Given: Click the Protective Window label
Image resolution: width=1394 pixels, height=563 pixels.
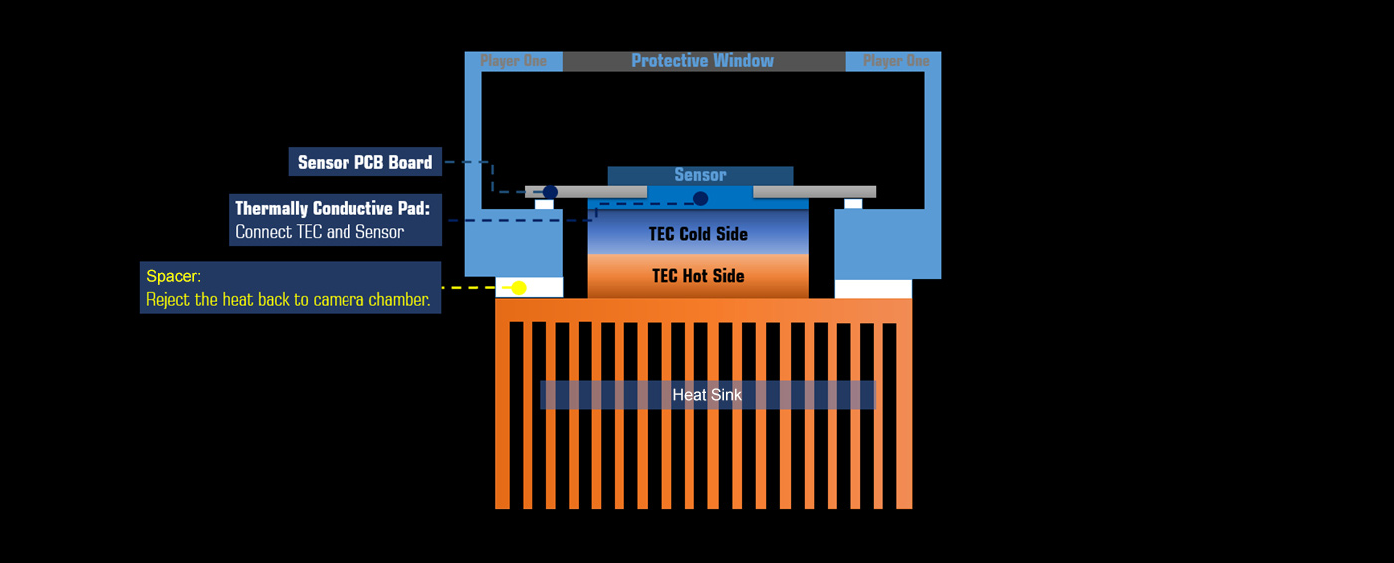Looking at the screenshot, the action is (x=703, y=61).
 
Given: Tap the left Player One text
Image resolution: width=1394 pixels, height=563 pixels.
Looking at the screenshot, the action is (x=514, y=61).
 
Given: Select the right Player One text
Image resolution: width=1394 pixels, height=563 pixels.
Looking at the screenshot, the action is (x=896, y=61).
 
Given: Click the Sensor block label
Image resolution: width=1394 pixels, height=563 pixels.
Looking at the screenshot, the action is (x=700, y=175).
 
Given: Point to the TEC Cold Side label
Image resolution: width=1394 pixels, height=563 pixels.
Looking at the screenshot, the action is (x=698, y=234).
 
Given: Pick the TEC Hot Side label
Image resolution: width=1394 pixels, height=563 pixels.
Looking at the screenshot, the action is (x=698, y=276).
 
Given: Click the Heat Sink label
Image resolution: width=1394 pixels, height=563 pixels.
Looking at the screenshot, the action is (x=707, y=395).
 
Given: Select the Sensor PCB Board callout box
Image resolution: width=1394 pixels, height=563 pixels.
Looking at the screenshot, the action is (x=365, y=161).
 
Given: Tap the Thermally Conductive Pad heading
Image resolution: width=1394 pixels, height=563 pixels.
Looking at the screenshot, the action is (x=333, y=208).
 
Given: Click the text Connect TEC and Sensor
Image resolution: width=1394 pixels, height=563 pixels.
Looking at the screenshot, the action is (x=320, y=231).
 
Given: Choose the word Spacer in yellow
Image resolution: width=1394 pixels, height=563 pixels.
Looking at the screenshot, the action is (x=173, y=276).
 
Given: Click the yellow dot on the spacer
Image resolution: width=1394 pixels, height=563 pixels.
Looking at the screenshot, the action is (x=519, y=287).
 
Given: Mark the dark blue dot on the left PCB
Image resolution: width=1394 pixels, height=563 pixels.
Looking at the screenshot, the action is (x=550, y=191).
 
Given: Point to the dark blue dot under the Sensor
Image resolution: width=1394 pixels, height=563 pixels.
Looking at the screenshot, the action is (x=701, y=198).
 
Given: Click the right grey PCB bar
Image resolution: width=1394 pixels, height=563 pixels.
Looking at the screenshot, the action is (x=814, y=191).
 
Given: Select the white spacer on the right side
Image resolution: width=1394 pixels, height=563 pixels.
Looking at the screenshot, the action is (x=873, y=289).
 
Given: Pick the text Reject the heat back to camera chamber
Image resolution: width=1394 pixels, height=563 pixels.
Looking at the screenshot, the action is (x=288, y=300).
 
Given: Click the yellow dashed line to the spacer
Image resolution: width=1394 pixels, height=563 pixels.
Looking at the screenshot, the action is (x=476, y=287).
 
